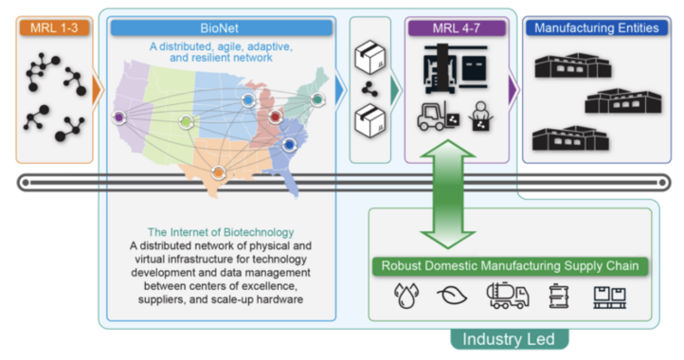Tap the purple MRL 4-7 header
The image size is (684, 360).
(453, 27)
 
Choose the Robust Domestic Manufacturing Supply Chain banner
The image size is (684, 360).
(511, 266)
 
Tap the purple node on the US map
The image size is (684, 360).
(119, 117)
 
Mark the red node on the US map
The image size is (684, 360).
(276, 117)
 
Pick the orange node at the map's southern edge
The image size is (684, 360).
(220, 172)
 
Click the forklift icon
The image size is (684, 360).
(433, 116)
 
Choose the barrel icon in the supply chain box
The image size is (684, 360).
(557, 297)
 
